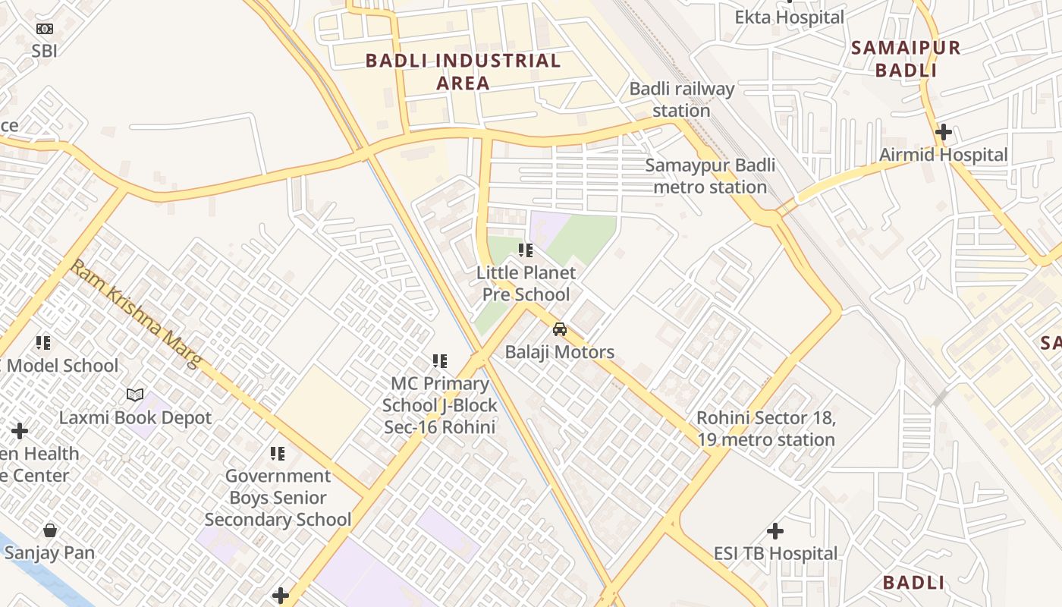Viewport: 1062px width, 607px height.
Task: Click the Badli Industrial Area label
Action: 463,71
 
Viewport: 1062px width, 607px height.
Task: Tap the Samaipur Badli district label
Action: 906,59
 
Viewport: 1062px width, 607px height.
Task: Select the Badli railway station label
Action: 681,99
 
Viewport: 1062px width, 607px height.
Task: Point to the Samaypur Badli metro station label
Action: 710,176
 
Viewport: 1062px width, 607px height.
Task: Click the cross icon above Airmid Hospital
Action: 943,132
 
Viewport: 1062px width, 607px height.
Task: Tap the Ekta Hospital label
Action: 789,17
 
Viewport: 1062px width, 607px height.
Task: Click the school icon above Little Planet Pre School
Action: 525,250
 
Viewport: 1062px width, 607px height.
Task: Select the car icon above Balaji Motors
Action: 560,329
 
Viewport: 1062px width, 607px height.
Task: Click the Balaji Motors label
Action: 560,352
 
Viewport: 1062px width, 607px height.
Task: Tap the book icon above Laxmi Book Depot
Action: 135,395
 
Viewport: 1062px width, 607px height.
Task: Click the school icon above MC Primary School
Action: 440,361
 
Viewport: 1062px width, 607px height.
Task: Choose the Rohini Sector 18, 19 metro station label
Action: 766,429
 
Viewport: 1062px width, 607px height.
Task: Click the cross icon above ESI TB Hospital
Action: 775,530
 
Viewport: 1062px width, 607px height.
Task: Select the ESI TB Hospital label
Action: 775,553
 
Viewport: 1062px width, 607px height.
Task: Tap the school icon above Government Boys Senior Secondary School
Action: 278,454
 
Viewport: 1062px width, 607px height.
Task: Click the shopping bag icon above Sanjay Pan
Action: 50,530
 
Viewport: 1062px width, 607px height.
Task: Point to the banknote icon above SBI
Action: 45,29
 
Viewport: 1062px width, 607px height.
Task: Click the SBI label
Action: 45,51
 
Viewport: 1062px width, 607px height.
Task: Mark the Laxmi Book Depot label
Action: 135,417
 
